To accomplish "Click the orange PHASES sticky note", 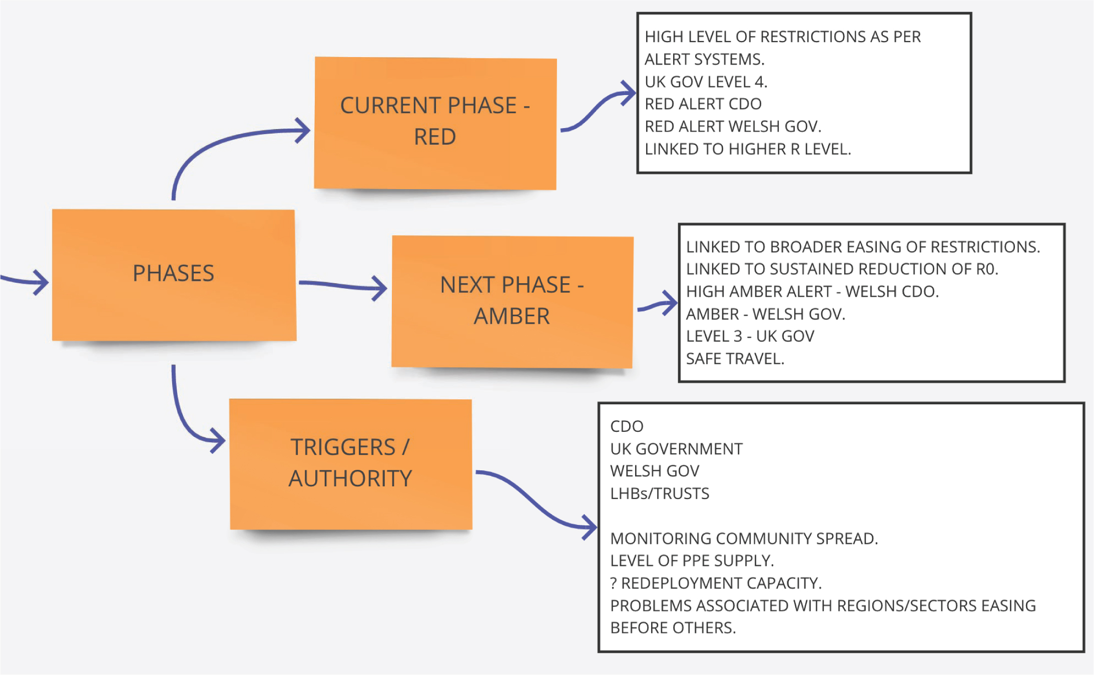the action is click(174, 275).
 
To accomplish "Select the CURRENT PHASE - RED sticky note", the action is click(435, 123).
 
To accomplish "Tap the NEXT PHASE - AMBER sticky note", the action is click(512, 302).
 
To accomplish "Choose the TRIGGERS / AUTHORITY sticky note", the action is click(351, 464).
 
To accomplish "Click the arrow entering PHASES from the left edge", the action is click(25, 281).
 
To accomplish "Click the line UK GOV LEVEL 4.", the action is click(706, 82).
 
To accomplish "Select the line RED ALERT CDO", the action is click(703, 104).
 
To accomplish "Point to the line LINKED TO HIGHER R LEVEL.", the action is click(748, 149).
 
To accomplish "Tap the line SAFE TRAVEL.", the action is click(735, 359).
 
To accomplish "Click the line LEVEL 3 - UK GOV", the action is click(750, 336).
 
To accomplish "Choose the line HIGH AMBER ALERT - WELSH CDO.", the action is click(812, 292).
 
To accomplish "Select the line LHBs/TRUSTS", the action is click(660, 494).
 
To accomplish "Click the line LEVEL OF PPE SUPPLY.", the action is click(692, 561).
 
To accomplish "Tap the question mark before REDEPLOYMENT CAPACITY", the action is click(614, 583).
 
